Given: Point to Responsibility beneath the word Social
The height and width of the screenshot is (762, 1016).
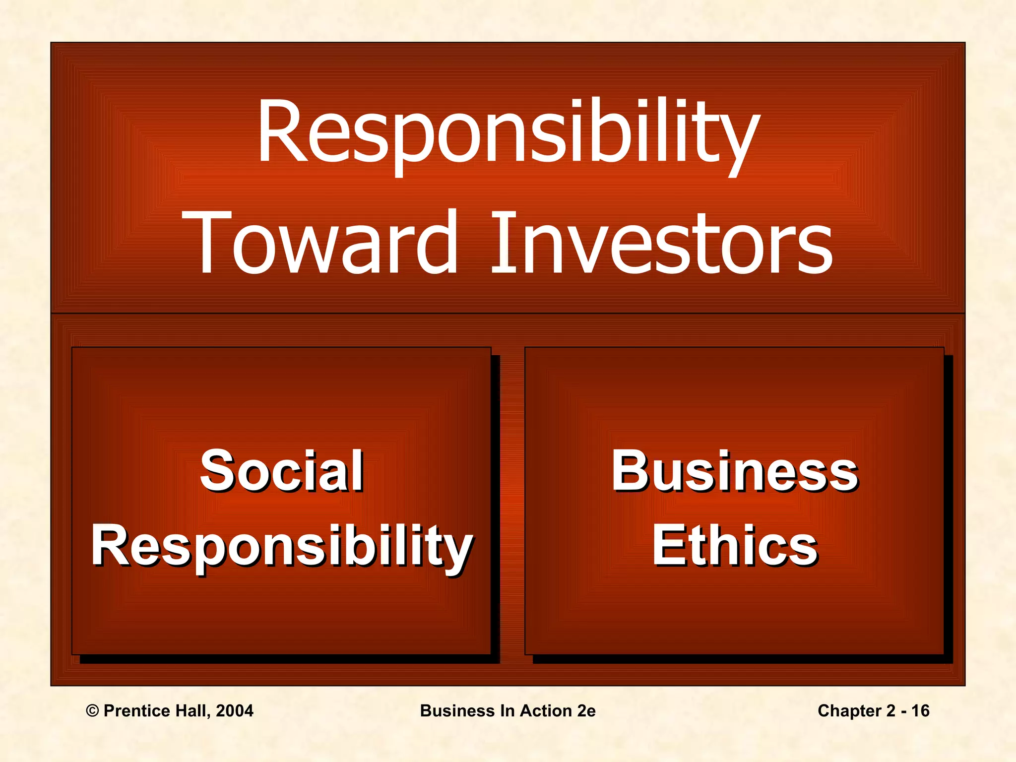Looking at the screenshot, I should click(281, 546).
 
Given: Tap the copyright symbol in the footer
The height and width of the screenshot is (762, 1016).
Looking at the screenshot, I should click(92, 711).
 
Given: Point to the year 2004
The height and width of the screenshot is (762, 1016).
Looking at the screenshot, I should click(235, 711).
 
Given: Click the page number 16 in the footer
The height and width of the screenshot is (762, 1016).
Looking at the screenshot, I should click(920, 711).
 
